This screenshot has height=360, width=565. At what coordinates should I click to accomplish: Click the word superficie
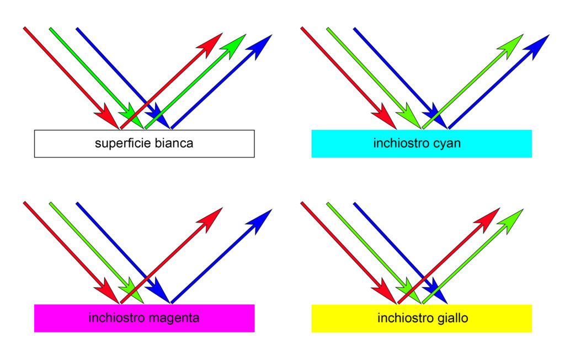click(x=123, y=143)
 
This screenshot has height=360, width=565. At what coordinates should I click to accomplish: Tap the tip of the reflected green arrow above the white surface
click(x=246, y=35)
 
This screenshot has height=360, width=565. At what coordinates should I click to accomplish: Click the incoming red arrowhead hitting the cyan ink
click(x=385, y=117)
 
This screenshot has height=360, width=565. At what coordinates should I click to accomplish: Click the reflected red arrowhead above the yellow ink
click(x=487, y=220)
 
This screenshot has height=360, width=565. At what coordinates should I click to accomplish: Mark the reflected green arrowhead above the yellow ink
click(x=510, y=221)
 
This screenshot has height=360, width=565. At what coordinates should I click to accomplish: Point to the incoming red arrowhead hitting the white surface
click(x=107, y=117)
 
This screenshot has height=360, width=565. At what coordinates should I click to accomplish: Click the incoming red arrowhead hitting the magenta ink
click(x=107, y=291)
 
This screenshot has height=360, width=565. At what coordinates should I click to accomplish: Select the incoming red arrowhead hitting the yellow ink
click(x=385, y=291)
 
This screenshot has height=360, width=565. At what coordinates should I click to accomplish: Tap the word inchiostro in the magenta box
click(x=117, y=318)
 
